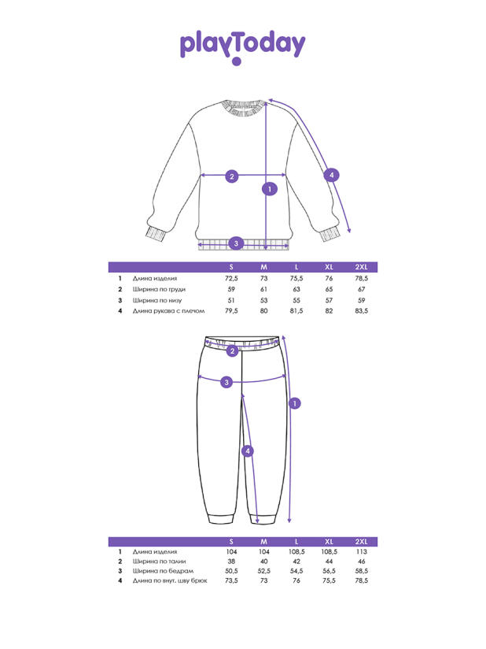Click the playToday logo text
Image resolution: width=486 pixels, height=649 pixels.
click(x=242, y=44)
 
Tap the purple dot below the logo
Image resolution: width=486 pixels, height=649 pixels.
click(x=237, y=61)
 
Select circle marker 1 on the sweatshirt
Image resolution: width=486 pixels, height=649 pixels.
click(x=270, y=189)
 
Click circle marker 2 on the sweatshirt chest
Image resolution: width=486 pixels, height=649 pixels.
click(x=232, y=176)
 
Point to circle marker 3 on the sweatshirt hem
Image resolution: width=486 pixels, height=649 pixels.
click(x=236, y=243)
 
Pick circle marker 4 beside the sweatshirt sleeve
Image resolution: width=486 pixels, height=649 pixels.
click(x=331, y=175)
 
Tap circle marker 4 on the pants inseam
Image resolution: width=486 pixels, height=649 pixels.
click(x=248, y=451)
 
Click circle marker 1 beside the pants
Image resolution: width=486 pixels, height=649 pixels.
click(x=295, y=403)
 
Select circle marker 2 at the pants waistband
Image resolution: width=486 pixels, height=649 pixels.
click(x=232, y=351)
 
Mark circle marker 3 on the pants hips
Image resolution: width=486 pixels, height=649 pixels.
click(x=226, y=382)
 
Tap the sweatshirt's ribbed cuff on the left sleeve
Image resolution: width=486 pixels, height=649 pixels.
click(x=156, y=233)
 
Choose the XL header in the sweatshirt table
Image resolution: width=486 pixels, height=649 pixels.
click(x=329, y=267)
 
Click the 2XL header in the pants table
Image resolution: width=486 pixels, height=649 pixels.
click(x=361, y=541)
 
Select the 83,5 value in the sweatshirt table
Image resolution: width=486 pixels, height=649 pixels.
click(x=361, y=311)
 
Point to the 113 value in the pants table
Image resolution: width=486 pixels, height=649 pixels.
click(x=361, y=552)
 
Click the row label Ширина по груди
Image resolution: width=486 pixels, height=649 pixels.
click(x=159, y=289)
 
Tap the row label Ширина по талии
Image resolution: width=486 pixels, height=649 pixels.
click(x=159, y=562)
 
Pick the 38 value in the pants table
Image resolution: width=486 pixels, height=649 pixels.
click(x=231, y=562)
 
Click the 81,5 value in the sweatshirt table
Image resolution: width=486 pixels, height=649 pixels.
click(x=296, y=311)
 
